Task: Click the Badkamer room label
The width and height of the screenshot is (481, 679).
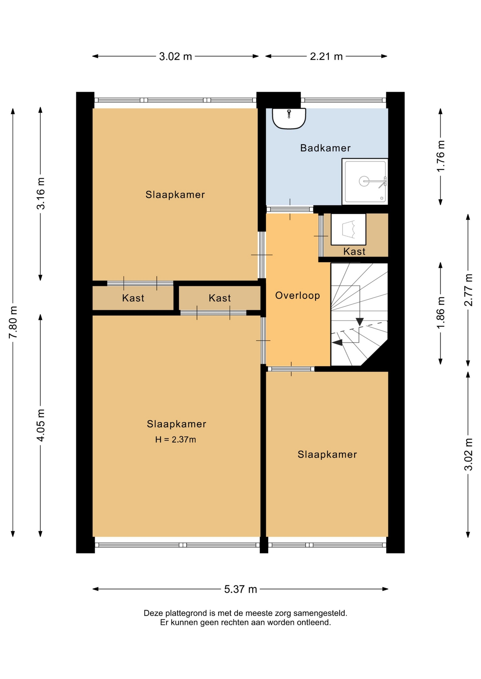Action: [x=325, y=148]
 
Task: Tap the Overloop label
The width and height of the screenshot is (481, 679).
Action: [x=298, y=295]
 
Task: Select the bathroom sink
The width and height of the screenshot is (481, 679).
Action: [x=289, y=118]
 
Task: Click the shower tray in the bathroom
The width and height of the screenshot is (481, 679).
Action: [x=365, y=181]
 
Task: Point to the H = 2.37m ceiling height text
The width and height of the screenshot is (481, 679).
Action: [x=175, y=440]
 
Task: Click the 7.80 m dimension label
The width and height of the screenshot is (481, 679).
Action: [x=13, y=322]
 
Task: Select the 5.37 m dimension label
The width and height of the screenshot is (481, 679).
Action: [x=240, y=589]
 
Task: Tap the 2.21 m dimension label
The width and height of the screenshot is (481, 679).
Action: [x=326, y=56]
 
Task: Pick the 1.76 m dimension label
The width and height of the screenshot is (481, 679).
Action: [x=440, y=156]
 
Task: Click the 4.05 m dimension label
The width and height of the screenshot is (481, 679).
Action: [x=41, y=425]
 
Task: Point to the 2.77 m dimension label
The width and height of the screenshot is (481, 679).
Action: [x=468, y=290]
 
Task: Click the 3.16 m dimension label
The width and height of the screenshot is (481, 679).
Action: [x=41, y=193]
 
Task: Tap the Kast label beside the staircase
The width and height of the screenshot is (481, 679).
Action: [x=354, y=251]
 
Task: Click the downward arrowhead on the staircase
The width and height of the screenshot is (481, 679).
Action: [x=360, y=322]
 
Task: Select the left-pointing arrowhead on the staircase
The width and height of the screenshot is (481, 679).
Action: [x=337, y=342]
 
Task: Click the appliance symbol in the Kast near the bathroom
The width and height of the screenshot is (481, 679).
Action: [x=348, y=229]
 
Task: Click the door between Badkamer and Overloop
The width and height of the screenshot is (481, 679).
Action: [x=290, y=209]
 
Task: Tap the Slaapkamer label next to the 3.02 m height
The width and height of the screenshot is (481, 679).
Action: [x=327, y=454]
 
